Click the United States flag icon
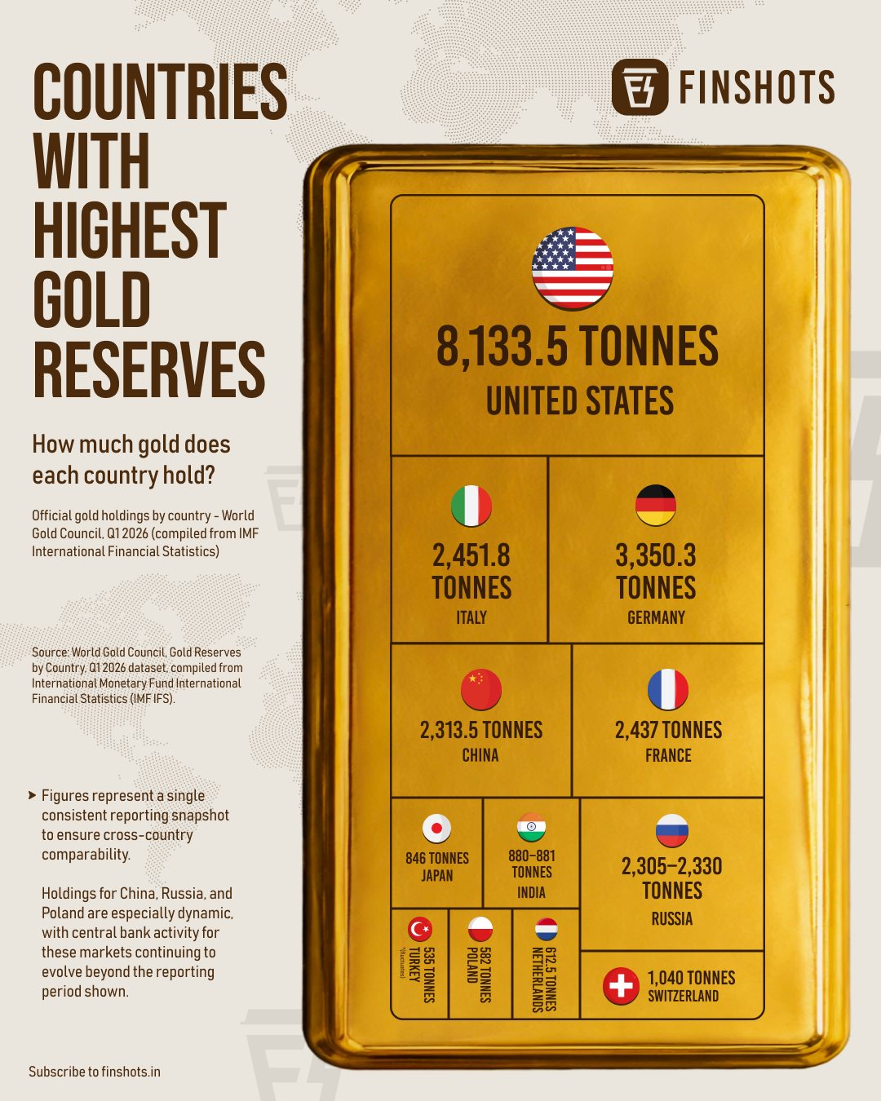click(573, 268)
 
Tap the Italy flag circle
click(471, 506)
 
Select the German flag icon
click(656, 505)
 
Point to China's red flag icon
click(480, 689)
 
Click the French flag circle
click(668, 689)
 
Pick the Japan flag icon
click(436, 829)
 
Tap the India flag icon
click(531, 827)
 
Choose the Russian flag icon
click(672, 830)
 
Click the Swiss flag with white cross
click(621, 985)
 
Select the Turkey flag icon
click(420, 929)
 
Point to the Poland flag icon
click(480, 929)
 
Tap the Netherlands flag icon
click(547, 929)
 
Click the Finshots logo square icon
click(640, 87)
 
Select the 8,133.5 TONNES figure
click(578, 347)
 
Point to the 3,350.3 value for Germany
click(656, 555)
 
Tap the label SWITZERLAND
click(684, 996)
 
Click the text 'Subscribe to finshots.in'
click(95, 1072)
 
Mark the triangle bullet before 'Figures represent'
click(33, 795)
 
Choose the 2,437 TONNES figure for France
click(669, 730)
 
